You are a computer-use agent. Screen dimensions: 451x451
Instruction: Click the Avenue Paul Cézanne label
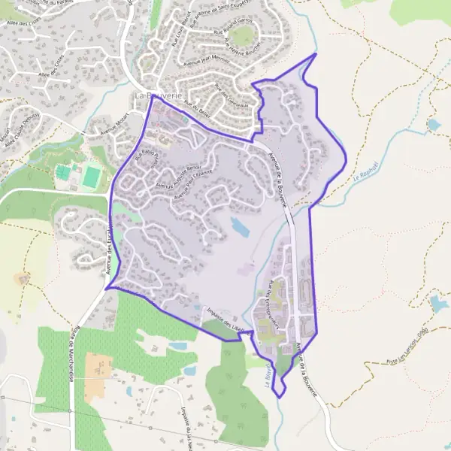(x=195, y=187)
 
